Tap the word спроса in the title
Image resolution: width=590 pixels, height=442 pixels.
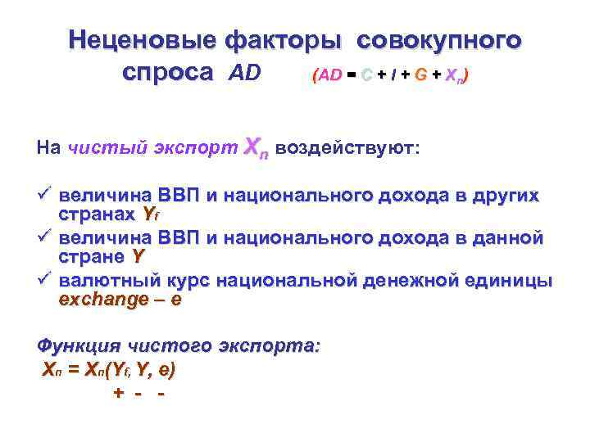tap(167, 73)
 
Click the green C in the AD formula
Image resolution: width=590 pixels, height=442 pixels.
tap(367, 75)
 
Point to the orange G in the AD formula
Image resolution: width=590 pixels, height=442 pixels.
tap(420, 75)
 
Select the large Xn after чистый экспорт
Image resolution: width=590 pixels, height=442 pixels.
tap(256, 148)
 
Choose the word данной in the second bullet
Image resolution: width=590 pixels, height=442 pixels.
tap(510, 238)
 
